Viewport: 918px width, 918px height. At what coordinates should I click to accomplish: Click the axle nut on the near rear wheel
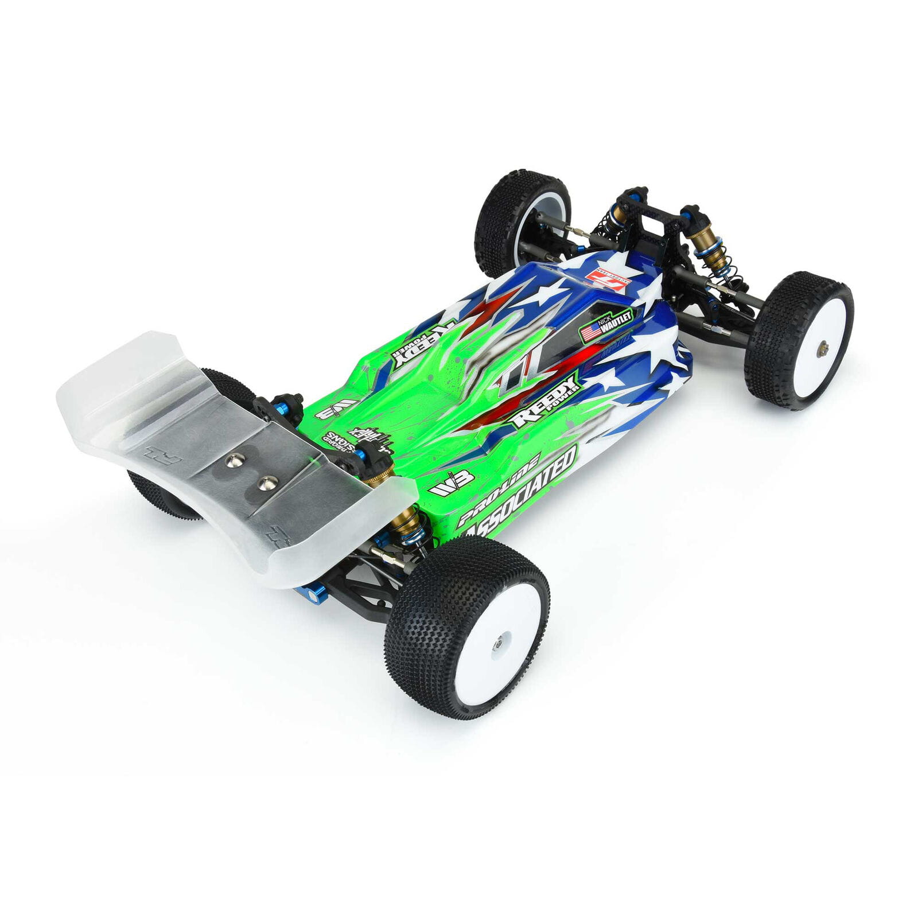[x=497, y=643]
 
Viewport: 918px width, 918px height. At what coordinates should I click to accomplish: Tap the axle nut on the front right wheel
[x=824, y=345]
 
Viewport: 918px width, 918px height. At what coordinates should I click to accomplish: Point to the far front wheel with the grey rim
[x=523, y=223]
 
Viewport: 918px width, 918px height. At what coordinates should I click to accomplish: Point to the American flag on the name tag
[x=591, y=332]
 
